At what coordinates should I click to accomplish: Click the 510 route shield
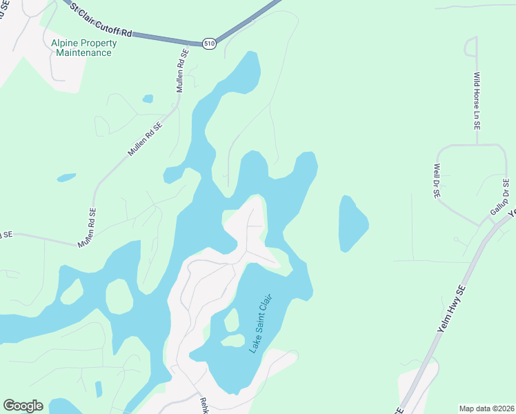[209, 43]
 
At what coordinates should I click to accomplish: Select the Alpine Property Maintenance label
[84, 48]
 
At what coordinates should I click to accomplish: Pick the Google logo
[23, 406]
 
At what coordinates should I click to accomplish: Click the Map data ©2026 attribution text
[486, 408]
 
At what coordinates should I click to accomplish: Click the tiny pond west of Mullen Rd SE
[66, 177]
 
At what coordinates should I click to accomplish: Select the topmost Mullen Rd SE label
[181, 71]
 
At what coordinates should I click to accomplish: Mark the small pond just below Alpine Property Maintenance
[148, 99]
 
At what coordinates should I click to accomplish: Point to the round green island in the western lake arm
[119, 297]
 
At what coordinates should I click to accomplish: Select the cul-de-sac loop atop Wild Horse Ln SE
[471, 46]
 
